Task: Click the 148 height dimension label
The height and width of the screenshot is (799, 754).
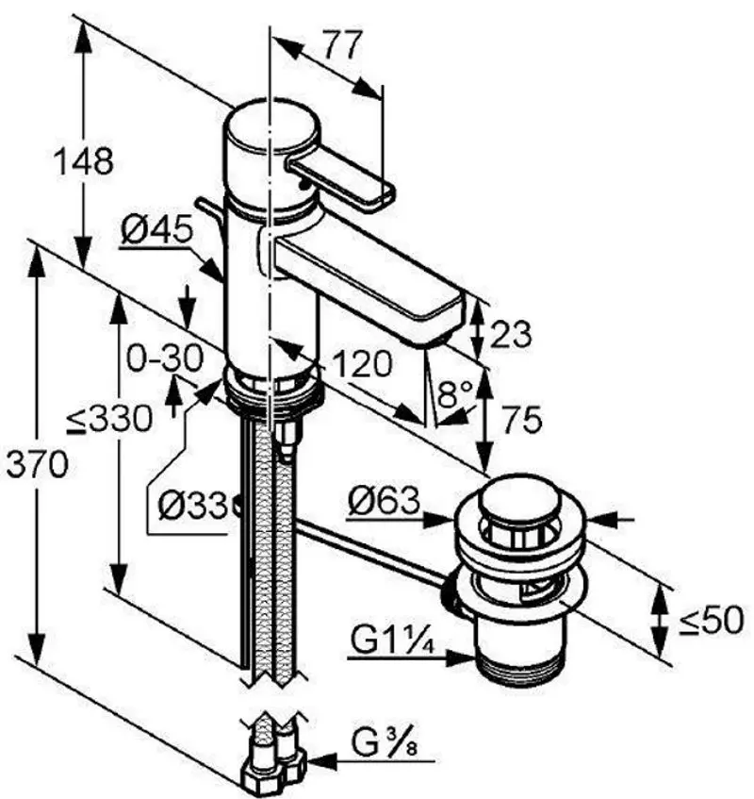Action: click(x=84, y=161)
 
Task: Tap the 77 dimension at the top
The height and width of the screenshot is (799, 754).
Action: click(x=343, y=45)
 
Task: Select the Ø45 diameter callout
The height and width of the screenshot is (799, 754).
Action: click(x=157, y=229)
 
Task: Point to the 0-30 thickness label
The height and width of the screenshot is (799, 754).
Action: click(x=165, y=358)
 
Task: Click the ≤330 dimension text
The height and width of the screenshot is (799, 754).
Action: click(x=109, y=420)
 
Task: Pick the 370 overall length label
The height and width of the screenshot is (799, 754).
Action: click(x=37, y=465)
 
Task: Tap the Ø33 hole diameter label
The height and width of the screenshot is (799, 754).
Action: click(x=192, y=506)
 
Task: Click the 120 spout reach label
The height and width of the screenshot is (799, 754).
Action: click(x=362, y=364)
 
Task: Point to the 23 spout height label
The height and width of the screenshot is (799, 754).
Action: click(x=510, y=335)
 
